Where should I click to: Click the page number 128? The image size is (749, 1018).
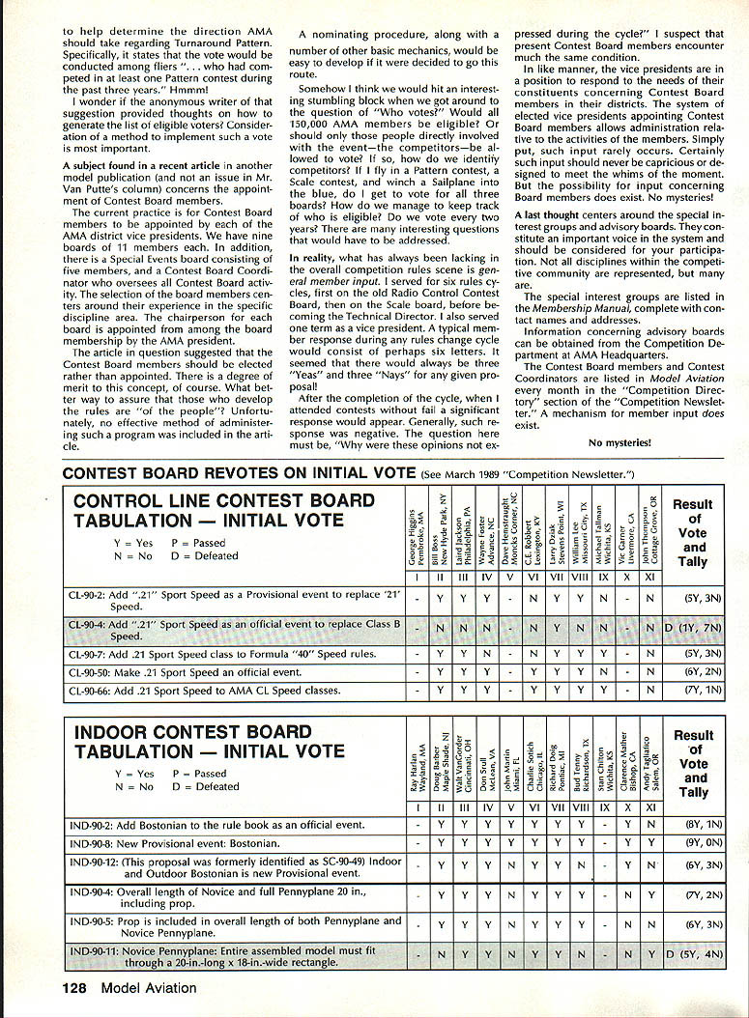pos(81,987)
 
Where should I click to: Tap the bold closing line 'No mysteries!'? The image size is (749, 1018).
pos(619,443)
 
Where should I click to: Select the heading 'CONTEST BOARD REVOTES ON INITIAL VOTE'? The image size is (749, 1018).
pos(241,473)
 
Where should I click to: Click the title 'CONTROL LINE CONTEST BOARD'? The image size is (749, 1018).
pos(223,500)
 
